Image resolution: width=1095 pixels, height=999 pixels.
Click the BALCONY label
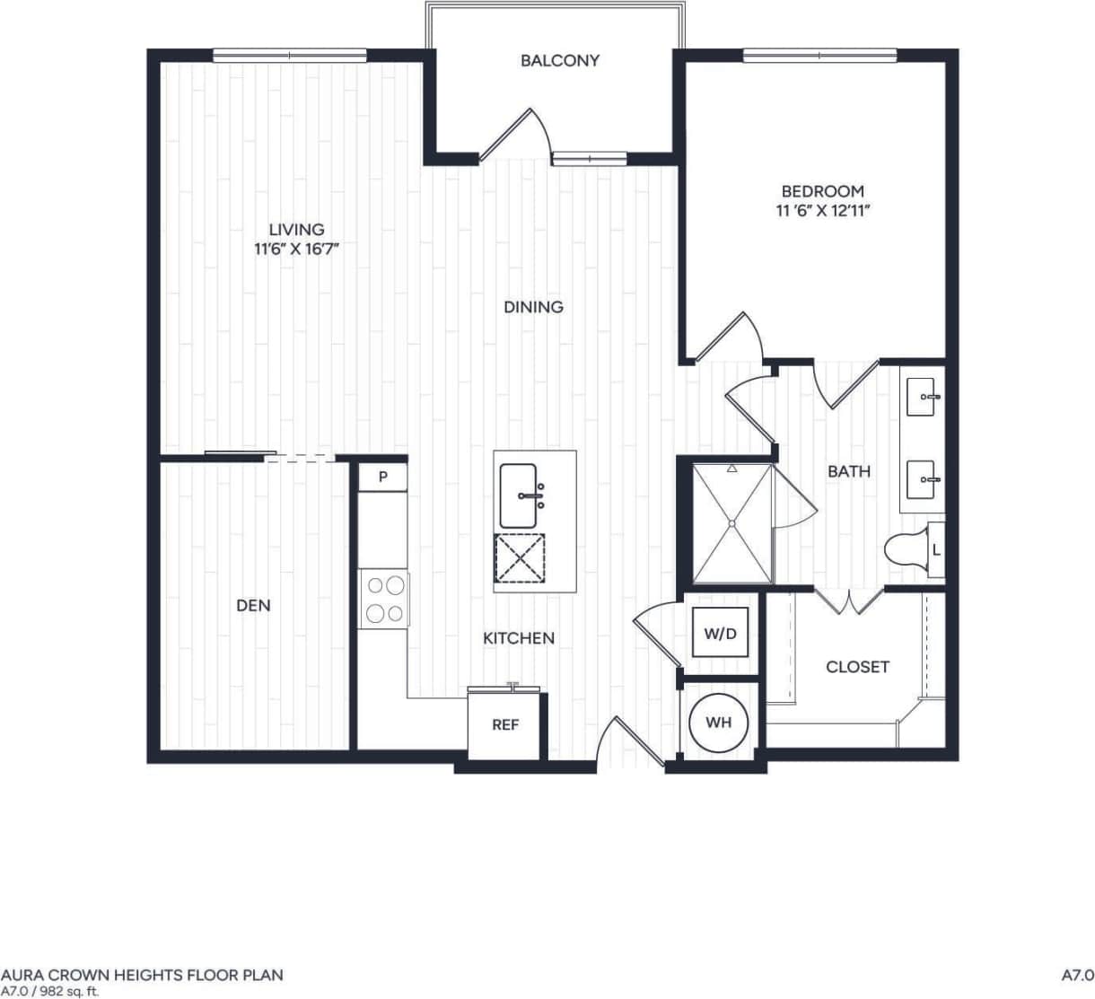(559, 61)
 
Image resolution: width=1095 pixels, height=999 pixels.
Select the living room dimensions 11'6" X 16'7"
(296, 250)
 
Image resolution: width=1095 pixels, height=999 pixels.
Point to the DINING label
(533, 307)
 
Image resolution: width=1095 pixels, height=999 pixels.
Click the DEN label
(253, 606)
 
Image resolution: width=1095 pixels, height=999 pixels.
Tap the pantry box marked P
(382, 477)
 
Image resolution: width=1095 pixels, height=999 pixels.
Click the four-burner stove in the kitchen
(384, 600)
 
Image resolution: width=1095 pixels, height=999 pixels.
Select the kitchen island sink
(519, 495)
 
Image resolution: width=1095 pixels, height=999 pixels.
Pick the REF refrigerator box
(505, 724)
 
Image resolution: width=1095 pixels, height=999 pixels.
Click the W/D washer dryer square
(720, 634)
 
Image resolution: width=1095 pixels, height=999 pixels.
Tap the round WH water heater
(718, 723)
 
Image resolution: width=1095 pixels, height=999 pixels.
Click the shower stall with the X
(731, 523)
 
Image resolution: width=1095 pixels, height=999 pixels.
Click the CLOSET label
(857, 667)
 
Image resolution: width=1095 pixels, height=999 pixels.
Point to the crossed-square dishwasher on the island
(519, 557)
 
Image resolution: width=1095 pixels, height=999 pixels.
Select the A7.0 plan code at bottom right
(1077, 975)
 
